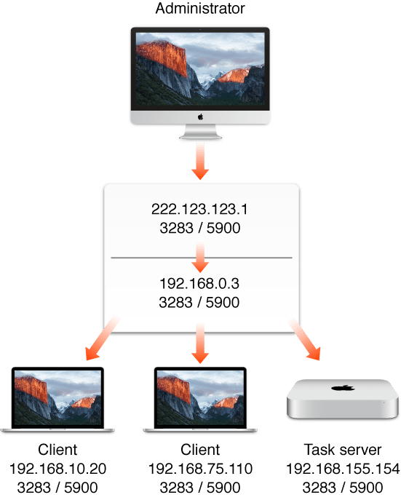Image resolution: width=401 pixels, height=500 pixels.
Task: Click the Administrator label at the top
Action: pos(199,10)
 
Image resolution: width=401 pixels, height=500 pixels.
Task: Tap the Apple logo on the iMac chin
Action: pos(199,116)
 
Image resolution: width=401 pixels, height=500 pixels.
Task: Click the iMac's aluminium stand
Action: pos(199,133)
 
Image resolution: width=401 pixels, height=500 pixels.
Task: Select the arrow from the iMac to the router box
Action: pos(199,162)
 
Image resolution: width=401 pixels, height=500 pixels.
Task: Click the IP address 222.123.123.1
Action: pos(199,208)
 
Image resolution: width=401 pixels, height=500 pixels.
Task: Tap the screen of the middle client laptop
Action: pos(199,399)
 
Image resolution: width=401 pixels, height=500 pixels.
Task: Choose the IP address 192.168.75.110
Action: pos(199,467)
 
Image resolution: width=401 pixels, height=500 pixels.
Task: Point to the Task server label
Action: pos(341,450)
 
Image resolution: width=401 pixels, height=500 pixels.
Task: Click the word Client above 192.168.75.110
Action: pos(199,450)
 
